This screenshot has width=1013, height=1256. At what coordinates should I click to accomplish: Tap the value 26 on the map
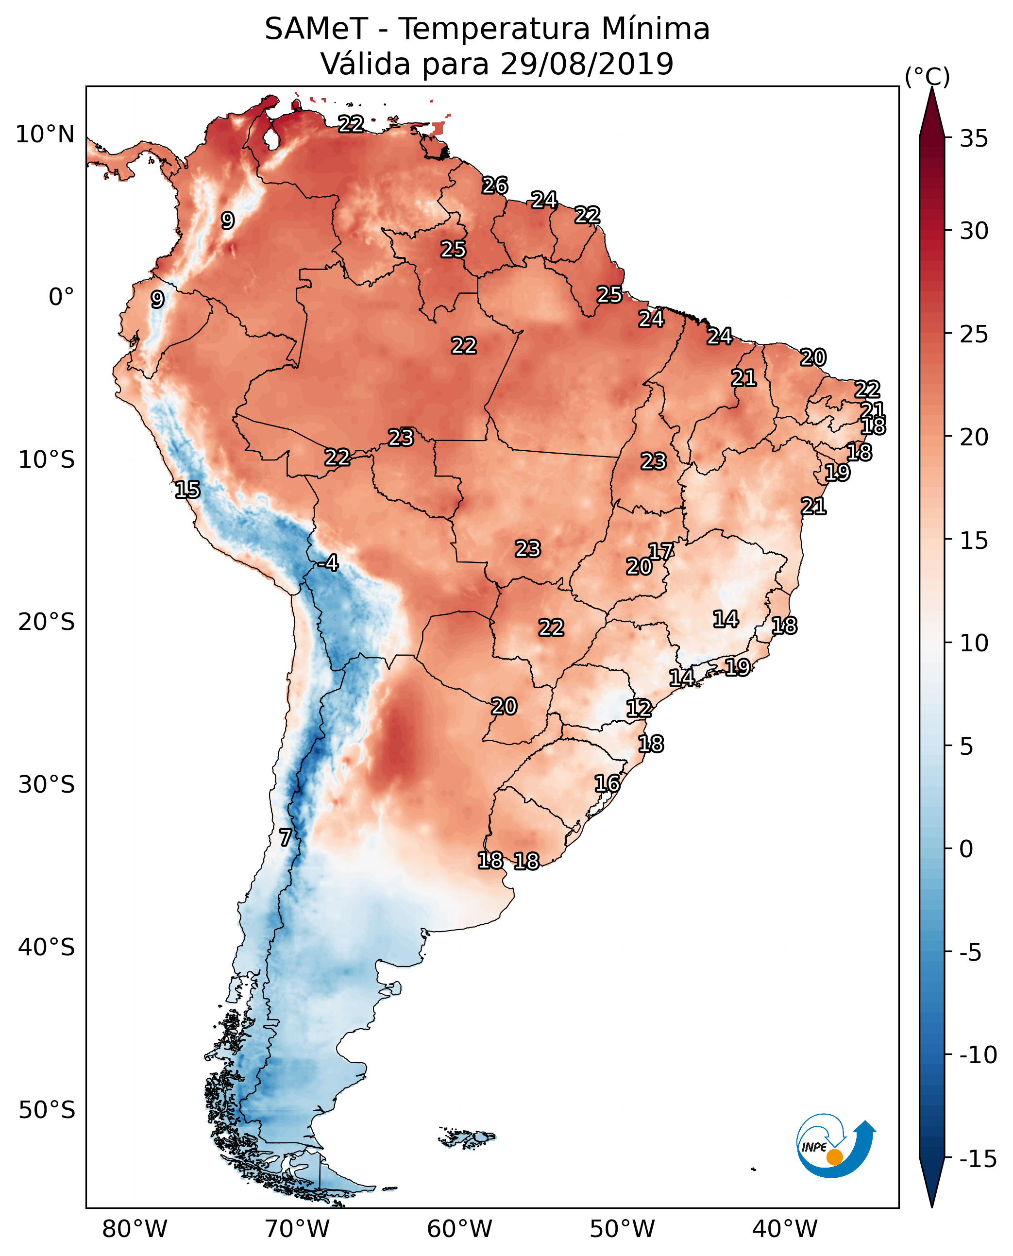pyautogui.click(x=495, y=186)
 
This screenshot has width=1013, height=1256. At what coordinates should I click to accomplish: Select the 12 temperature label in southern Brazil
pyautogui.click(x=639, y=709)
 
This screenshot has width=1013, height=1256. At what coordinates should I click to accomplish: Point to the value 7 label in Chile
pyautogui.click(x=286, y=838)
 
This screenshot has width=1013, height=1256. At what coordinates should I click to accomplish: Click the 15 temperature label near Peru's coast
pyautogui.click(x=187, y=490)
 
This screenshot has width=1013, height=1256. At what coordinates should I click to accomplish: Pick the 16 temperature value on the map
pyautogui.click(x=608, y=783)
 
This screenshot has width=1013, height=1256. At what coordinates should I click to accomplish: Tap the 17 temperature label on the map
pyautogui.click(x=661, y=552)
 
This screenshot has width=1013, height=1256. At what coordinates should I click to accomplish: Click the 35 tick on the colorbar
pyautogui.click(x=974, y=139)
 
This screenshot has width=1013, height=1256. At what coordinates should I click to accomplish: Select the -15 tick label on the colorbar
pyautogui.click(x=978, y=1159)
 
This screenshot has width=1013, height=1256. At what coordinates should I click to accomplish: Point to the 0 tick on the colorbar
pyautogui.click(x=966, y=849)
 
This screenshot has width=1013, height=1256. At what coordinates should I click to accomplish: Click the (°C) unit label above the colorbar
pyautogui.click(x=927, y=76)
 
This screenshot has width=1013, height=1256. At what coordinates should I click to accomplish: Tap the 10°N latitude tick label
pyautogui.click(x=45, y=135)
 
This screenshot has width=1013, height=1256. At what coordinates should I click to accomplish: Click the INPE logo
pyautogui.click(x=835, y=1146)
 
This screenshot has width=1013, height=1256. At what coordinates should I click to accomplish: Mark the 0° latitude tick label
pyautogui.click(x=61, y=297)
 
